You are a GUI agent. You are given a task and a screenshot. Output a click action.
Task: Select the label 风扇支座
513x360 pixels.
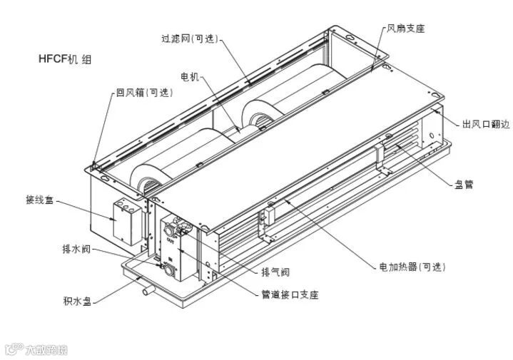(405, 29)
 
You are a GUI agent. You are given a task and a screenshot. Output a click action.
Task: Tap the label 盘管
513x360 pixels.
(464, 184)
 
